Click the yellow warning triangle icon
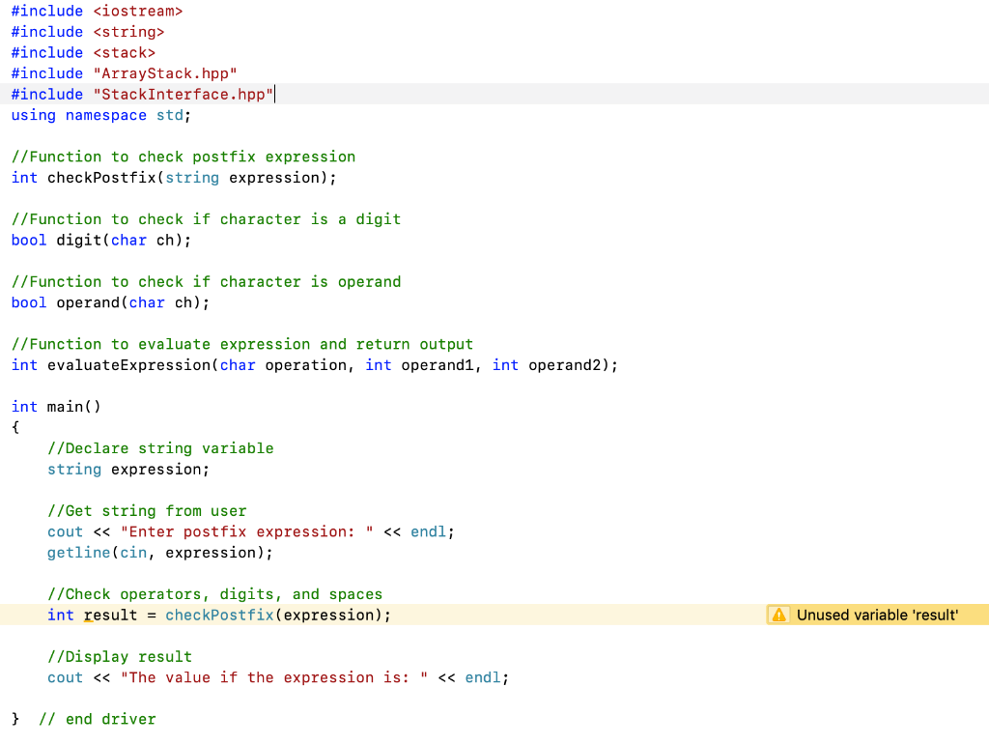pyautogui.click(x=779, y=615)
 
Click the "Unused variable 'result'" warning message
pyautogui.click(x=877, y=615)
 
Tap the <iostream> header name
pyautogui.click(x=138, y=11)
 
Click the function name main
pyautogui.click(x=66, y=407)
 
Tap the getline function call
pyautogui.click(x=79, y=553)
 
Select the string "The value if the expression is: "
pyautogui.click(x=275, y=677)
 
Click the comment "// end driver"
pyautogui.click(x=97, y=719)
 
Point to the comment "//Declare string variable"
pyautogui.click(x=160, y=448)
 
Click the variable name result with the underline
pyautogui.click(x=111, y=615)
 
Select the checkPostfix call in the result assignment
pyautogui.click(x=219, y=615)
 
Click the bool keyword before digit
pyautogui.click(x=29, y=240)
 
